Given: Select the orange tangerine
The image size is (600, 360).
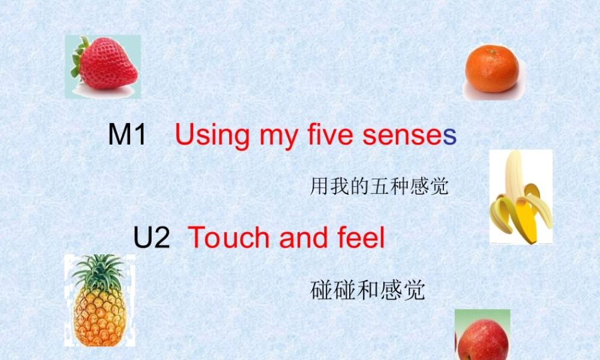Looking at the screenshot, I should [491, 70].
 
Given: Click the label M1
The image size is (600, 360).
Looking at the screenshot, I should [127, 135].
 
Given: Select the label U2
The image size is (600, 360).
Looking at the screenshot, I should [152, 238].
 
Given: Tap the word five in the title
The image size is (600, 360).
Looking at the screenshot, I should [329, 135].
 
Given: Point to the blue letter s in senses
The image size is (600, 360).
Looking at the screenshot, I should [449, 136].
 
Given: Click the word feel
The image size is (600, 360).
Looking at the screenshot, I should [359, 238].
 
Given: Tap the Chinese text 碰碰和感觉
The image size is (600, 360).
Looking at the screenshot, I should [368, 290].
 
